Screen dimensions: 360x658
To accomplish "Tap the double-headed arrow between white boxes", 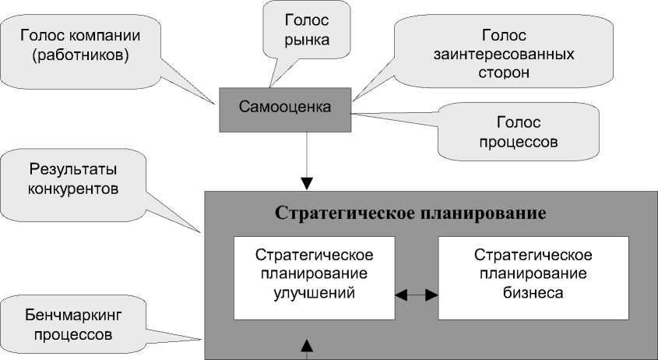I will pos(417,295).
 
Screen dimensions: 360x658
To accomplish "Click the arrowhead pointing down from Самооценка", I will pos(308,183).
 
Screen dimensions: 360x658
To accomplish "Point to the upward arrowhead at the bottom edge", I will pos(308,344).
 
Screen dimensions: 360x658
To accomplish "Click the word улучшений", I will pos(315,294).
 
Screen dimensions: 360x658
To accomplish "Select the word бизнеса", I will pos(533,294).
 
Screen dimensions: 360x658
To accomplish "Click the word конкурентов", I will pos(73,188).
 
